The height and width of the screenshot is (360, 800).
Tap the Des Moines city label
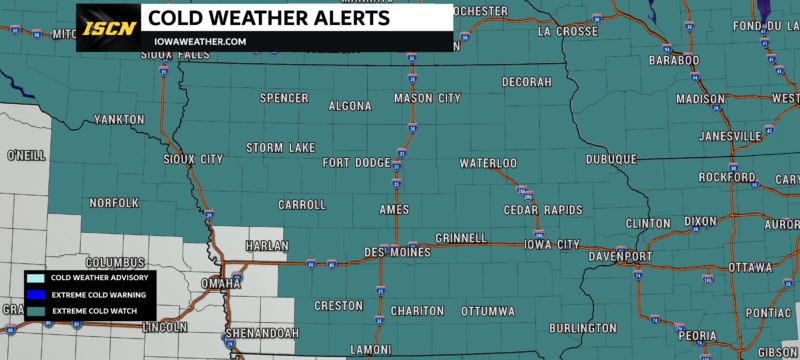pyautogui.click(x=397, y=252)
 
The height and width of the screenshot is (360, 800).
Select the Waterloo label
pyautogui.click(x=488, y=163)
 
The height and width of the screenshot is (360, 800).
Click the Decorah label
pyautogui.click(x=526, y=81)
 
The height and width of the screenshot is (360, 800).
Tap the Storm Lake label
pyautogui.click(x=281, y=148)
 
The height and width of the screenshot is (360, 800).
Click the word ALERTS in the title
pyautogui.click(x=338, y=18)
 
